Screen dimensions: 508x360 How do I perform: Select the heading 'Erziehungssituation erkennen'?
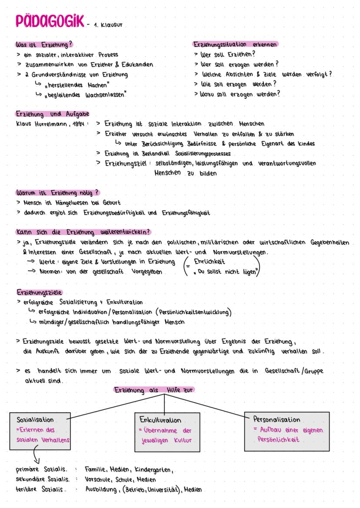pyautogui.click(x=235, y=45)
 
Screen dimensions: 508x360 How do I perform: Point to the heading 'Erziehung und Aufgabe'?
pyautogui.click(x=52, y=114)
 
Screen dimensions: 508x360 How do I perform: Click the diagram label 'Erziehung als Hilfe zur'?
pyautogui.click(x=154, y=390)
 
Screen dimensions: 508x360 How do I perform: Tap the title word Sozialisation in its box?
pyautogui.click(x=35, y=420)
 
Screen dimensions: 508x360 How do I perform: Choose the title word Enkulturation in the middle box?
pyautogui.click(x=160, y=420)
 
